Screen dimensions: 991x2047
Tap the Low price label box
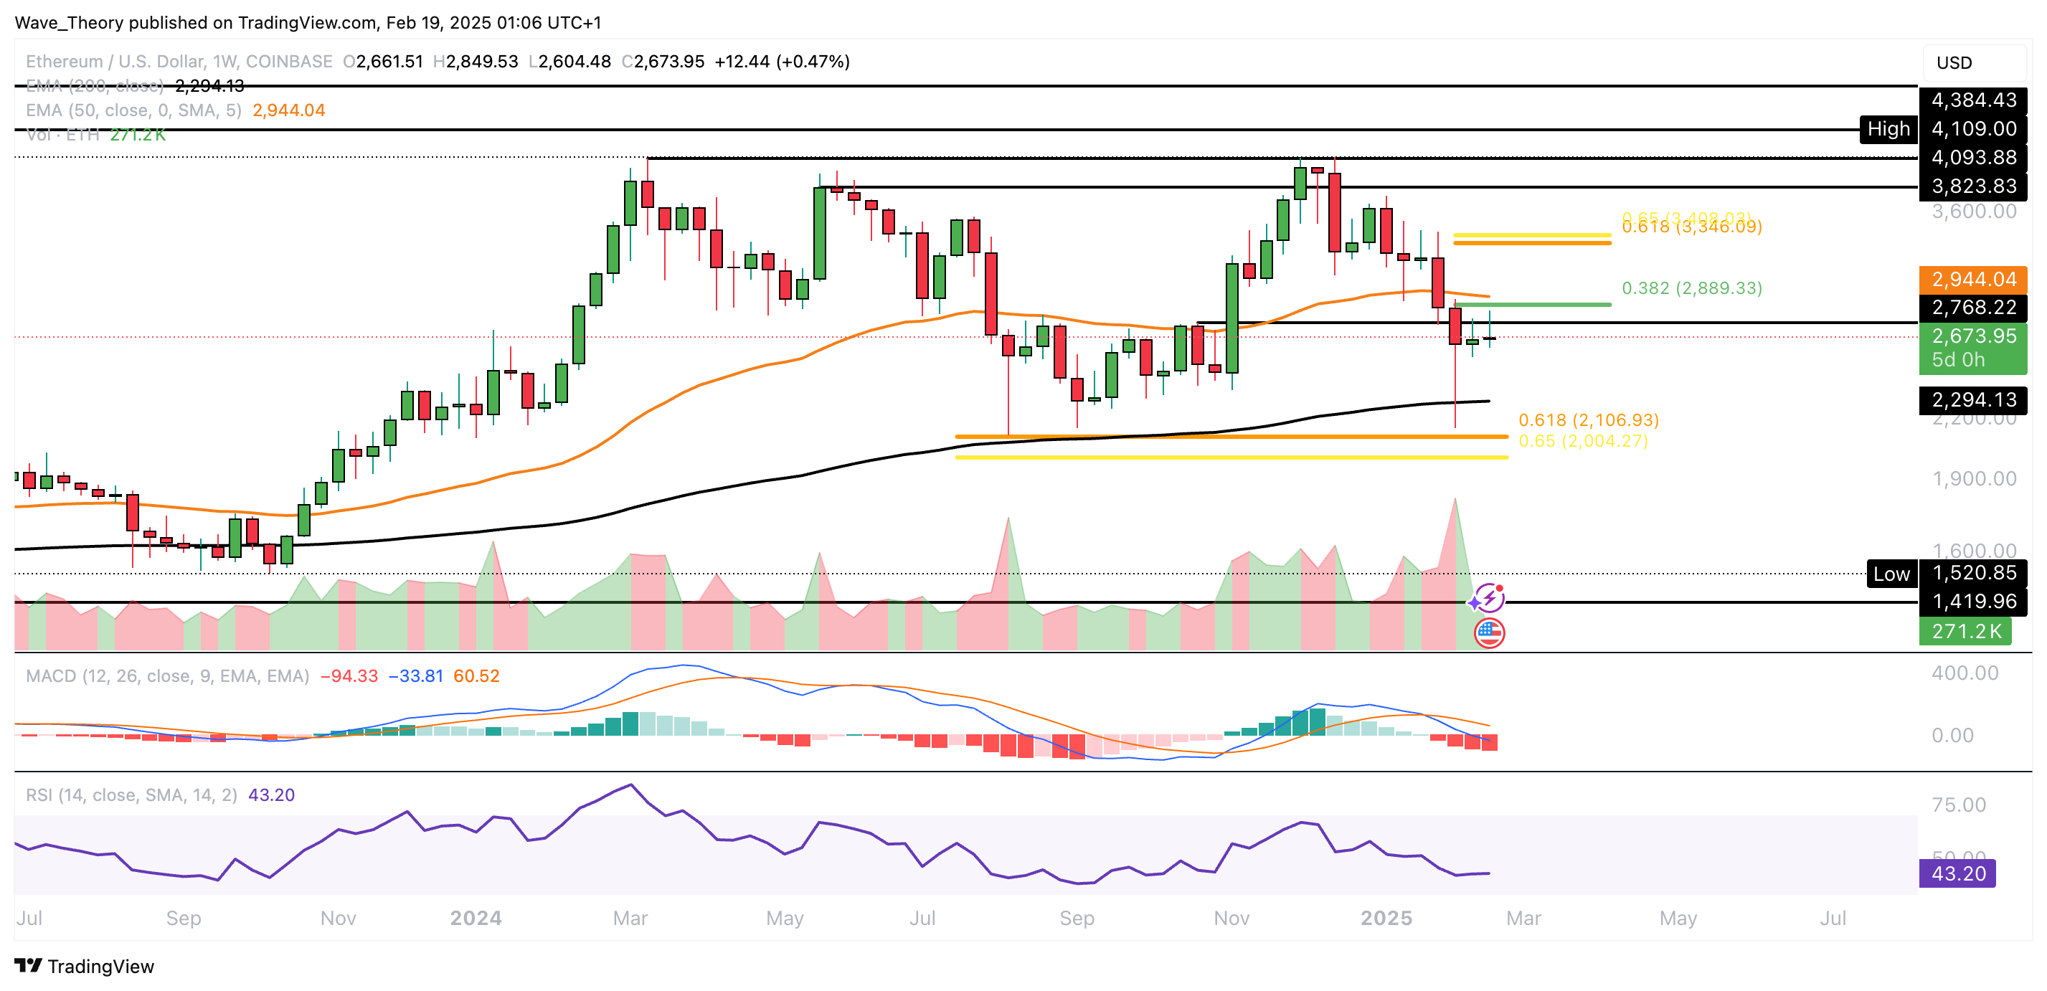point(1891,574)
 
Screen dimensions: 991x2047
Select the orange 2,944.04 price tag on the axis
point(1973,280)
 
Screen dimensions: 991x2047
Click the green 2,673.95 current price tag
point(1973,347)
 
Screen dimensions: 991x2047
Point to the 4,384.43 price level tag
point(1973,100)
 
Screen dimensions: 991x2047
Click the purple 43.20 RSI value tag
point(1958,873)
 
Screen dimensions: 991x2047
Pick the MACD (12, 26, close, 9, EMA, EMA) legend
point(167,675)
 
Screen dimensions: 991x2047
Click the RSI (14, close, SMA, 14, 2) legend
point(131,795)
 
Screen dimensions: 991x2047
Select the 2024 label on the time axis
point(476,918)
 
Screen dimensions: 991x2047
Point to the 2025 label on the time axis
point(1386,918)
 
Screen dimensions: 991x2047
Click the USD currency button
point(1954,63)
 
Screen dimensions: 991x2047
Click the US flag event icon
point(1489,633)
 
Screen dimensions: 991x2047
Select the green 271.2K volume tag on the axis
point(1966,632)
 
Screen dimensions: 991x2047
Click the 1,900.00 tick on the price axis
point(1974,478)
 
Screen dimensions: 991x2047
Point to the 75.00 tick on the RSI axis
point(1959,805)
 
